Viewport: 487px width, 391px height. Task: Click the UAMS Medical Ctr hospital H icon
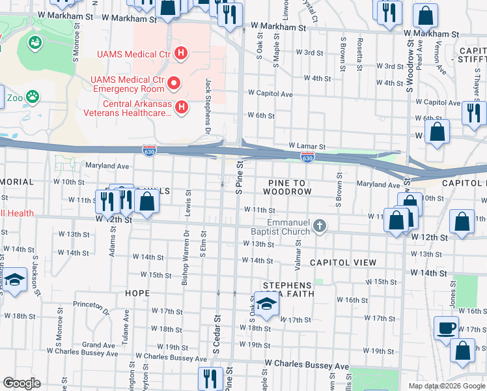click(182, 53)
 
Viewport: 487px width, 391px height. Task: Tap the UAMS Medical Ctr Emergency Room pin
click(174, 83)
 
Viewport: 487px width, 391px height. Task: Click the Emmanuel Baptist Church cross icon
click(319, 225)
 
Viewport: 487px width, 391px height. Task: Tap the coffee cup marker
click(446, 327)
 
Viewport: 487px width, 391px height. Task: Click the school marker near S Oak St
click(266, 304)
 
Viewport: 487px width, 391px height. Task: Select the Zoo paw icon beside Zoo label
click(32, 98)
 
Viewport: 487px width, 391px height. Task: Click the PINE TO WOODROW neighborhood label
click(288, 187)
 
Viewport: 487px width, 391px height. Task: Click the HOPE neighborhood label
click(137, 293)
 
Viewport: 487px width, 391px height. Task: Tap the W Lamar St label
click(307, 147)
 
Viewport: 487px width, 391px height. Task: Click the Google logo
click(22, 383)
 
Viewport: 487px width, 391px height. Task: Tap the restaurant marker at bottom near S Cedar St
click(209, 379)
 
